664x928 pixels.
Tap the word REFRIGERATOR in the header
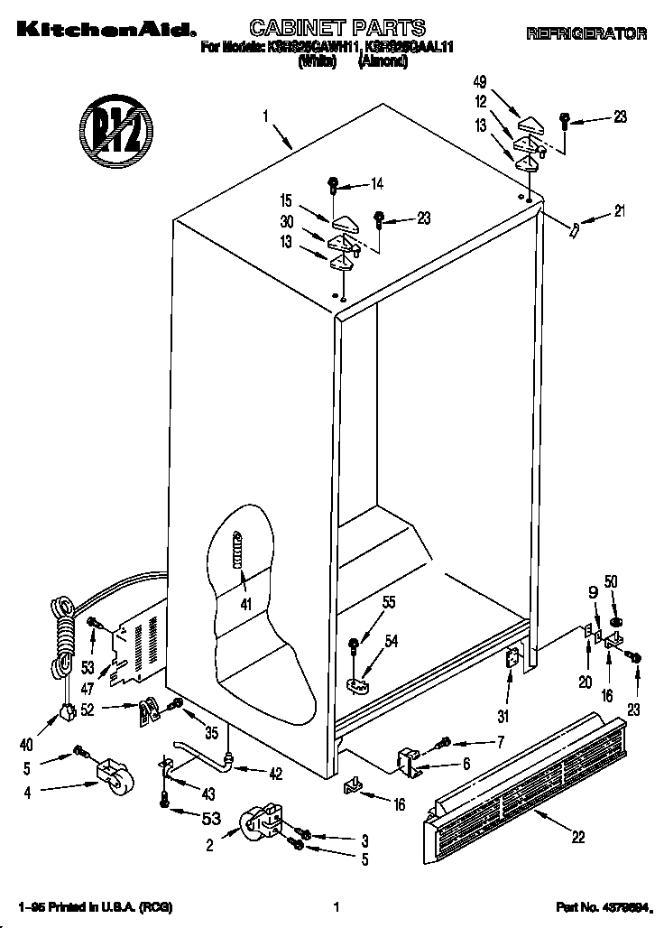click(x=586, y=33)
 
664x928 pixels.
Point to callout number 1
click(x=266, y=116)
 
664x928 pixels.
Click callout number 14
click(x=377, y=184)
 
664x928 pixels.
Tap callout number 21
click(x=618, y=212)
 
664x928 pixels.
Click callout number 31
click(x=504, y=718)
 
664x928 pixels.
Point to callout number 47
click(x=88, y=688)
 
